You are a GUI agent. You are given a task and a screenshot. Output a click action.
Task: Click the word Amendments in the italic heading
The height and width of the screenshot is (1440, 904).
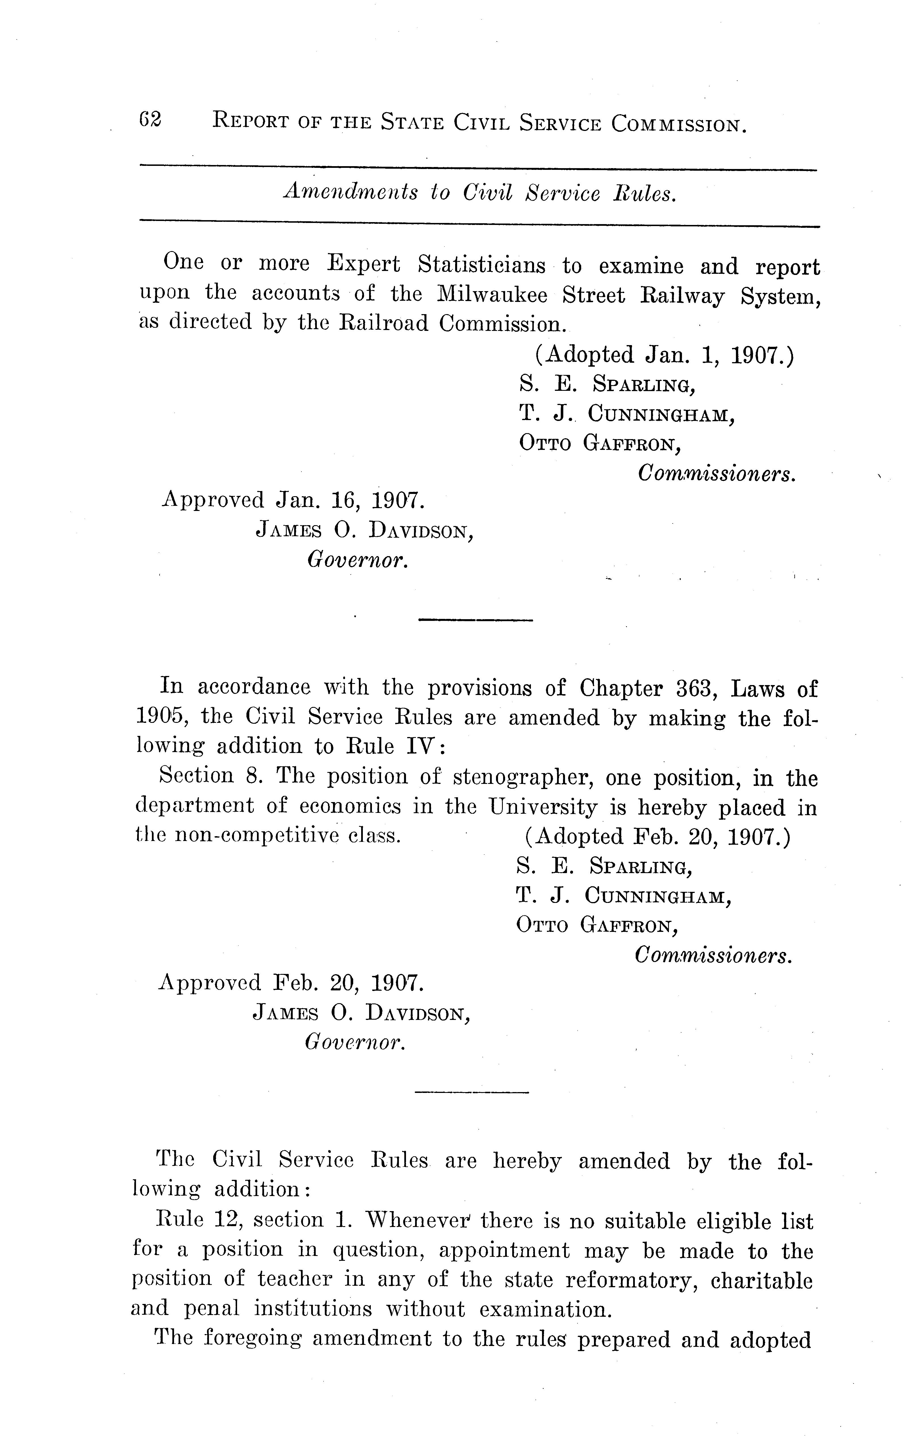(x=351, y=193)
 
